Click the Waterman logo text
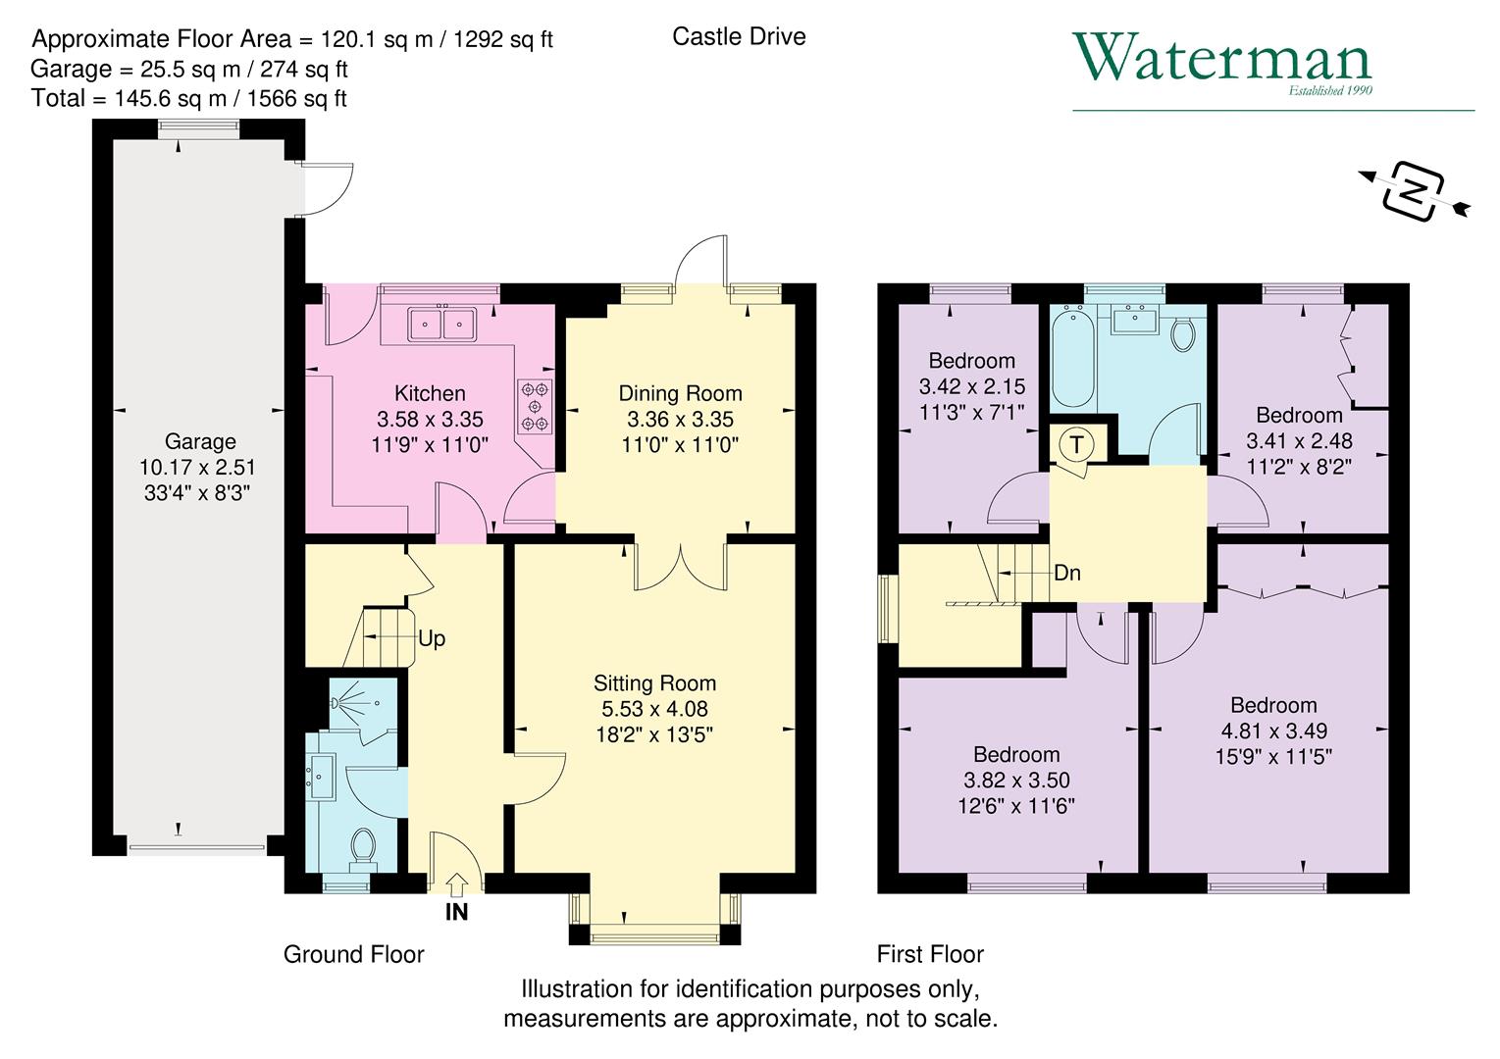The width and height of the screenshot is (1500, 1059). pyautogui.click(x=1221, y=59)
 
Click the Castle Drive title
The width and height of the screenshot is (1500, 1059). pyautogui.click(x=739, y=37)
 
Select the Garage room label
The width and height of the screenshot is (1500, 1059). pyautogui.click(x=200, y=442)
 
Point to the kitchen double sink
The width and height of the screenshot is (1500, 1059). pyautogui.click(x=442, y=323)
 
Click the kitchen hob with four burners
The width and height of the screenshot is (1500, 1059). pyautogui.click(x=535, y=406)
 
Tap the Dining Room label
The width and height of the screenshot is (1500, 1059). pyautogui.click(x=680, y=394)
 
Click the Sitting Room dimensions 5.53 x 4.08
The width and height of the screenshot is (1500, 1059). pyautogui.click(x=654, y=709)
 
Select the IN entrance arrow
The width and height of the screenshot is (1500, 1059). pyautogui.click(x=456, y=885)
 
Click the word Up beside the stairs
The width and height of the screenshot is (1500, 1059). pyautogui.click(x=432, y=639)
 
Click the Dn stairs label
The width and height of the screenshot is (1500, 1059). pyautogui.click(x=1066, y=574)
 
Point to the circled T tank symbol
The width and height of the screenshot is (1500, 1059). pyautogui.click(x=1077, y=444)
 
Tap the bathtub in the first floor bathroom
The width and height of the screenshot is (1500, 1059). pyautogui.click(x=1072, y=358)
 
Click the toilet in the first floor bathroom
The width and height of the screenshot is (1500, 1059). pyautogui.click(x=1183, y=334)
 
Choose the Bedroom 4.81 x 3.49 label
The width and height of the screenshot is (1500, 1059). pyautogui.click(x=1273, y=731)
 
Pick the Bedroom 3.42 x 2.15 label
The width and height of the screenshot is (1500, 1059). pyautogui.click(x=971, y=386)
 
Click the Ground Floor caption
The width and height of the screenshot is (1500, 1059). pyautogui.click(x=353, y=955)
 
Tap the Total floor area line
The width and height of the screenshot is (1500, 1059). pyautogui.click(x=188, y=99)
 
